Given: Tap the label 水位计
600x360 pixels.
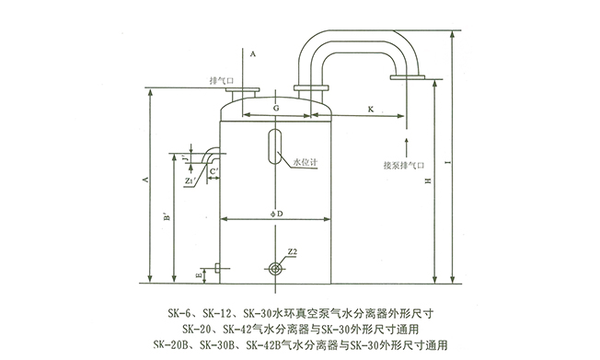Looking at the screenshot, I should pos(305,164).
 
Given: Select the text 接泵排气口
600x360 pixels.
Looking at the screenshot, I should pos(406,167).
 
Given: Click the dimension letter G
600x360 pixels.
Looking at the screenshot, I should pos(276,108).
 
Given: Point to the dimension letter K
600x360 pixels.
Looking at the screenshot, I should pos(369,108).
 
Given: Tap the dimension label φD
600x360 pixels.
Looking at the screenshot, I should pos(276,213).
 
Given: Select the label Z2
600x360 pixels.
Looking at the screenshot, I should pos(291,250).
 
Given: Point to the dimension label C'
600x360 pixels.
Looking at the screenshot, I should pos(213,171).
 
